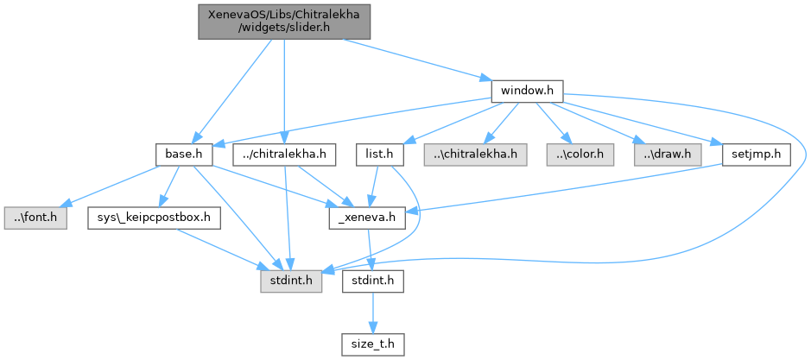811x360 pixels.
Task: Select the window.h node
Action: click(527, 90)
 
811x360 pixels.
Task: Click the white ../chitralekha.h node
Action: click(284, 155)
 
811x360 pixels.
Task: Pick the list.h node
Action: click(381, 155)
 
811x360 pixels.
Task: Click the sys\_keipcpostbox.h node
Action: click(154, 218)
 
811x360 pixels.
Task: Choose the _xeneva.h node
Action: click(368, 218)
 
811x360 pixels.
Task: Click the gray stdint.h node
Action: click(291, 281)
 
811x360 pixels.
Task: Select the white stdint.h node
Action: click(371, 281)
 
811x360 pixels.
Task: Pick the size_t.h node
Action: click(373, 344)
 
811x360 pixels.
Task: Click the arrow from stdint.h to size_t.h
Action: click(372, 312)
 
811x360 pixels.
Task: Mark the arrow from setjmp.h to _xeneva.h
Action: click(570, 187)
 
